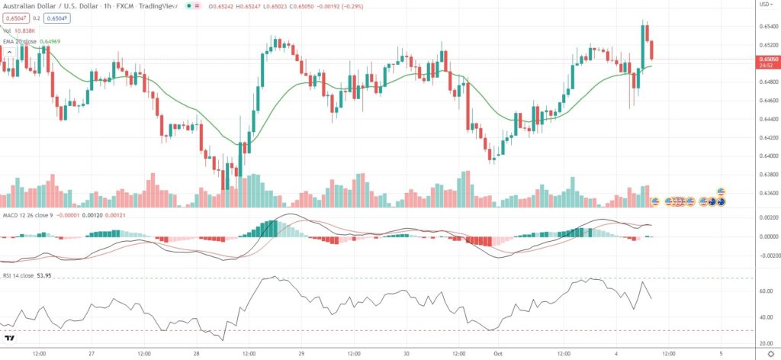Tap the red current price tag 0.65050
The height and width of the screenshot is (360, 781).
(765, 59)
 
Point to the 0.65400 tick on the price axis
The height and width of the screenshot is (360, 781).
(764, 27)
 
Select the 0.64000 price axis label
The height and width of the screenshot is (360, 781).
(764, 156)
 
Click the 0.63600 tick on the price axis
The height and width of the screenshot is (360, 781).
(764, 193)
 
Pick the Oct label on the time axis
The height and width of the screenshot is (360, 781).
(497, 354)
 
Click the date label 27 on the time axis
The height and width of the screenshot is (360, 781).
(91, 354)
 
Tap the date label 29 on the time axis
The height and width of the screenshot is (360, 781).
(302, 354)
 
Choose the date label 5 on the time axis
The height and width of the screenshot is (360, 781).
(722, 354)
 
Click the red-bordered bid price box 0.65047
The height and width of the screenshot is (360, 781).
(15, 18)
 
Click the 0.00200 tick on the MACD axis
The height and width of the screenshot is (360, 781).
(764, 218)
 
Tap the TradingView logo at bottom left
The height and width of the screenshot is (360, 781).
(10, 338)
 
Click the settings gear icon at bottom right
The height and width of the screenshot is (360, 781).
(770, 354)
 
